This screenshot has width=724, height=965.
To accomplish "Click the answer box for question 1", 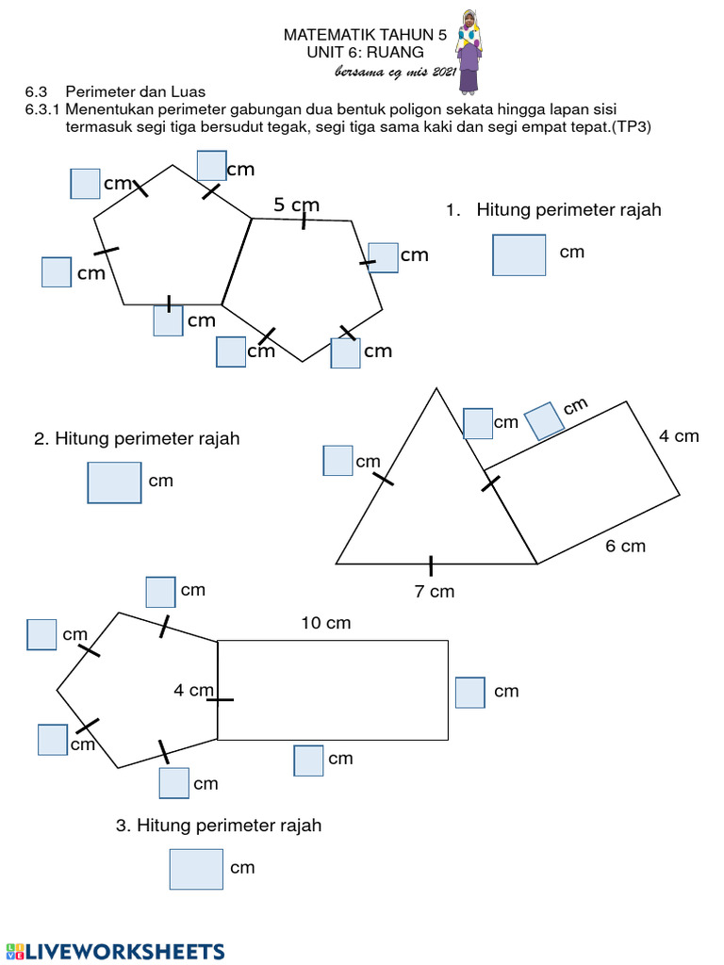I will tap(518, 254).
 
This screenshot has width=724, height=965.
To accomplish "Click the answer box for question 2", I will tap(114, 482).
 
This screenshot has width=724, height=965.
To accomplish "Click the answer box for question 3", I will tap(196, 869).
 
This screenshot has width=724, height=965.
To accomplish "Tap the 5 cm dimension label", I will tap(297, 204).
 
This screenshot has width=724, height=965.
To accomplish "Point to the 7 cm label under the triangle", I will tap(435, 592).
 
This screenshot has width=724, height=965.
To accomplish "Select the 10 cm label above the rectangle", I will tap(326, 623).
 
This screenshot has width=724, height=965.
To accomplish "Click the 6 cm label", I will tap(625, 547).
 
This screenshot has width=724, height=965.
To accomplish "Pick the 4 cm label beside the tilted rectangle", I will tap(679, 436).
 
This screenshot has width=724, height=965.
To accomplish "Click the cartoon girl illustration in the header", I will tap(469, 52).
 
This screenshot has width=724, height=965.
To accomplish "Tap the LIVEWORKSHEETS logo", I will tap(115, 951).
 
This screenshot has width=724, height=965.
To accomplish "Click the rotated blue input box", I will tap(544, 421).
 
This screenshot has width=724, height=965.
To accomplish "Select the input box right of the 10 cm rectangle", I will tap(469, 692).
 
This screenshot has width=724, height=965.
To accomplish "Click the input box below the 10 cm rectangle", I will tap(308, 760).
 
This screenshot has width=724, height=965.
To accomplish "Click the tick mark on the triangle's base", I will tap(431, 565).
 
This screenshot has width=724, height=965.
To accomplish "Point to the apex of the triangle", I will tap(436, 388).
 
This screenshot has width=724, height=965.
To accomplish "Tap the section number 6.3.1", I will tap(41, 109).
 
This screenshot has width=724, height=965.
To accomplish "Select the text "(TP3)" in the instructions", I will tap(632, 126).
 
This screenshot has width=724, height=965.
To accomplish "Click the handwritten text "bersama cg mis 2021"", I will tap(396, 73).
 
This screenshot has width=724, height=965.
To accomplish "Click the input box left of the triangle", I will tap(337, 461).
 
